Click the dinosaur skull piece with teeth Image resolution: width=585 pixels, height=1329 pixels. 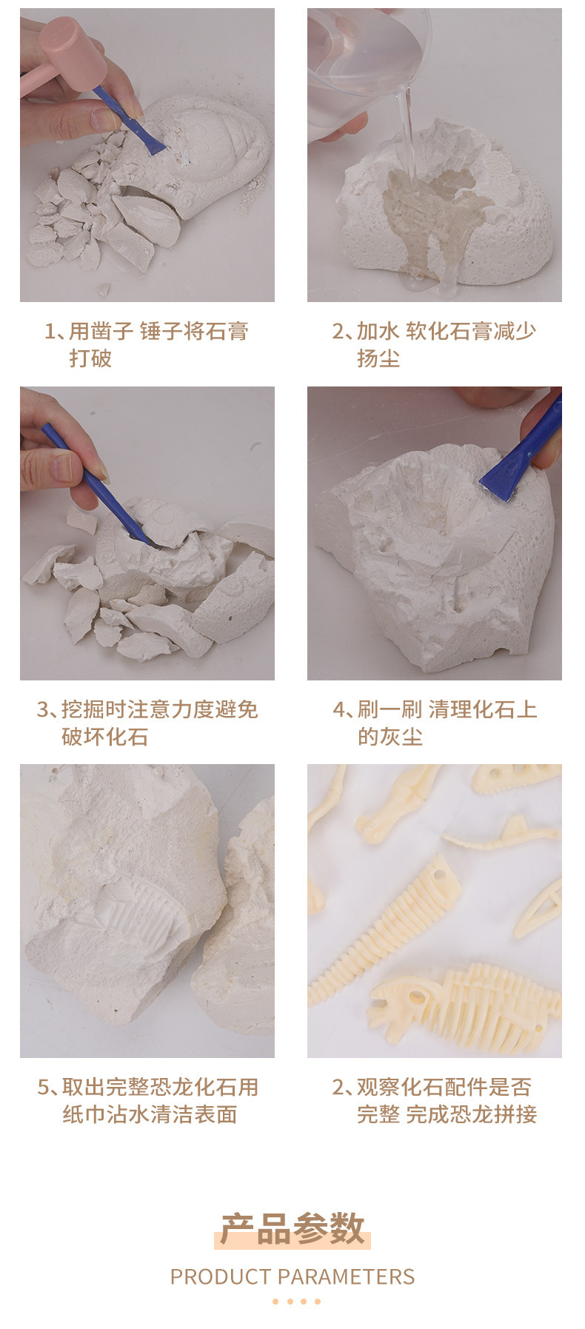pyautogui.click(x=515, y=779)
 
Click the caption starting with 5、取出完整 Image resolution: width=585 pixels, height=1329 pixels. pyautogui.click(x=147, y=1100)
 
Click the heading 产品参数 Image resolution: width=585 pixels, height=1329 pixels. pyautogui.click(x=292, y=1230)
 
